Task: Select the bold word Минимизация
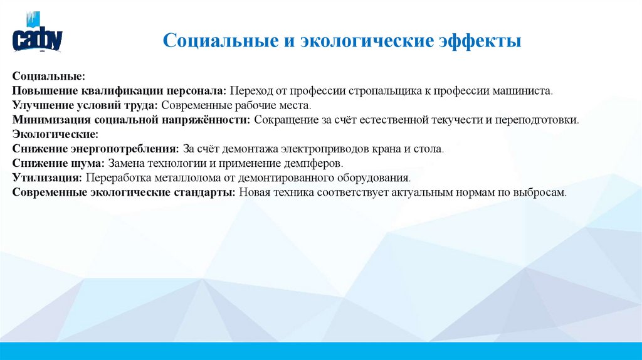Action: click(43, 120)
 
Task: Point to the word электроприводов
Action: click(340, 149)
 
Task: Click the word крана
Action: click(397, 149)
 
